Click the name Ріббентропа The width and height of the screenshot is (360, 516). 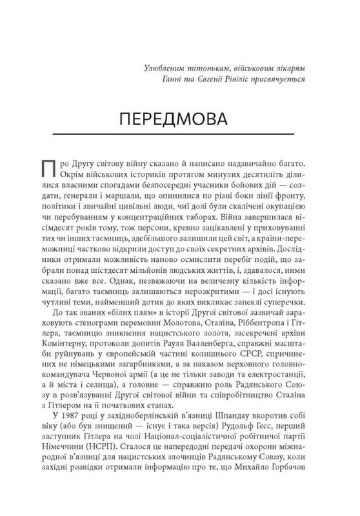point(265,321)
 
